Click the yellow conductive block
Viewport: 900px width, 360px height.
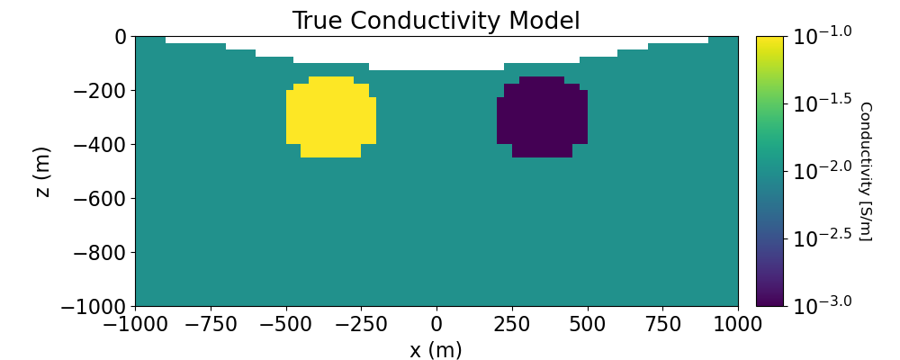point(330,117)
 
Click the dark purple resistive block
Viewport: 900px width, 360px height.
point(542,117)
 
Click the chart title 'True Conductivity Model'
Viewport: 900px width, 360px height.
point(436,21)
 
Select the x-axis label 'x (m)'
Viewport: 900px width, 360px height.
point(436,349)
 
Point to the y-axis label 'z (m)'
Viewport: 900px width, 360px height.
point(42,171)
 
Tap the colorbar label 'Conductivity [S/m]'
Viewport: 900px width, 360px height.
point(865,171)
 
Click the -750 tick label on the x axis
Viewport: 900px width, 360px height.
point(210,323)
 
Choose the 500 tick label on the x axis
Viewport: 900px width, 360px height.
point(587,323)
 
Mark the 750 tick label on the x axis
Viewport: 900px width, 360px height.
point(662,323)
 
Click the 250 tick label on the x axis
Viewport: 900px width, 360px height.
point(511,323)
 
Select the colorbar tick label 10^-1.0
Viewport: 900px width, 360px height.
point(821,36)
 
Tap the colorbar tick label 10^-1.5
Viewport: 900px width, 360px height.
point(821,103)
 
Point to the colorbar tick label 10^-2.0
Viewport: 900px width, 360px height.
point(821,171)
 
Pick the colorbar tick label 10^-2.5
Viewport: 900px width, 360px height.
point(821,238)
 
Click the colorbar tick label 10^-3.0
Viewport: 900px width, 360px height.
point(821,305)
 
